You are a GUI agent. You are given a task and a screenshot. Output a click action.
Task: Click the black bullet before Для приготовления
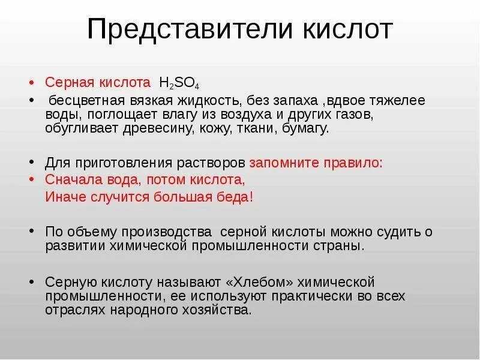pyautogui.click(x=32, y=163)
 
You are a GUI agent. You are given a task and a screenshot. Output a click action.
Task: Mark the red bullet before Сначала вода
pyautogui.click(x=32, y=179)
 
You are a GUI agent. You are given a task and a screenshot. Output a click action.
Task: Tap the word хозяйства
pyautogui.click(x=215, y=311)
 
